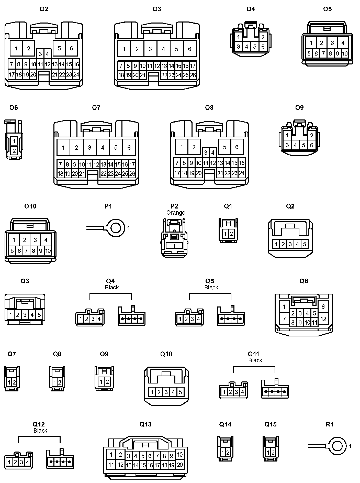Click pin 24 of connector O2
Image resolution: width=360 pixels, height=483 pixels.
(76, 75)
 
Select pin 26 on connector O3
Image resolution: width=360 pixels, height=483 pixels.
(193, 75)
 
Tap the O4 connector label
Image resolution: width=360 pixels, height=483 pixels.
(251, 9)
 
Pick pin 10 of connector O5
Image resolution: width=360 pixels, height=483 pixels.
(345, 53)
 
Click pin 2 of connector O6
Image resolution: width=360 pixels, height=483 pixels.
(14, 151)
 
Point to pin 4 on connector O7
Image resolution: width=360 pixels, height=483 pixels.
(103, 147)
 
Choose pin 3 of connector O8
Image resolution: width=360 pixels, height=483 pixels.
(206, 153)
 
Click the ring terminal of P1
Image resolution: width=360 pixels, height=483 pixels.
(116, 228)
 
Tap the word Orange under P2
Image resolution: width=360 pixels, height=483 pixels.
(176, 213)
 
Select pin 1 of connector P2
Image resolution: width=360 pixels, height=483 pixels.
(174, 246)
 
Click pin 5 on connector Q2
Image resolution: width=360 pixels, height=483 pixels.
(305, 244)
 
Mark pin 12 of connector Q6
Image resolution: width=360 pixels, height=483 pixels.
(323, 319)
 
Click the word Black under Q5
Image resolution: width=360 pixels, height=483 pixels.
(211, 287)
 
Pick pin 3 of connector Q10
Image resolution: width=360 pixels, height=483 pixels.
(166, 392)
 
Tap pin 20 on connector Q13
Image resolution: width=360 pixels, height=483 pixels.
(180, 465)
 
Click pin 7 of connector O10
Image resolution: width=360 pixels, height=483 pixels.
(26, 251)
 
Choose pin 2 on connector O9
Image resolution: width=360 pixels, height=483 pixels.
(311, 135)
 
